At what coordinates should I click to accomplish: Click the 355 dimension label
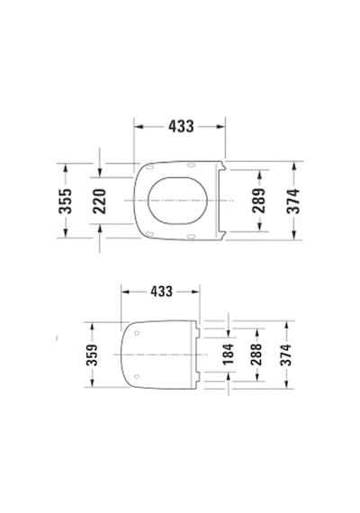(65, 201)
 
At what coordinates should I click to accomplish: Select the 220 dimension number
(100, 202)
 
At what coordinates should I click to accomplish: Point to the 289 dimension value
(259, 201)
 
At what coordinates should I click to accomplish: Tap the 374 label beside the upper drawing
(293, 201)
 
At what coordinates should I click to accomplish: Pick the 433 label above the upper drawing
(181, 126)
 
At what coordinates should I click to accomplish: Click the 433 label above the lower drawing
(161, 292)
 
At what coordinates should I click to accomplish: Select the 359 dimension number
(92, 355)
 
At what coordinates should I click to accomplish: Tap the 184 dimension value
(228, 354)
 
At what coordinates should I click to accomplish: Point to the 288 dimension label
(256, 355)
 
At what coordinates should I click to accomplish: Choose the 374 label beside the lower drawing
(286, 355)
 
